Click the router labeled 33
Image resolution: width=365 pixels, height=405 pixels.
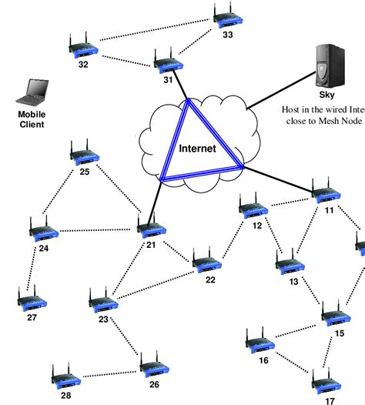pos(226,19)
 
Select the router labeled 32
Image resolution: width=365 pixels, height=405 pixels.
pos(82,48)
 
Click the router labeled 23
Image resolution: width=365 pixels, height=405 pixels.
pos(102,302)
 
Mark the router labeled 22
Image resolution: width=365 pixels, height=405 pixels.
pos(206,262)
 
